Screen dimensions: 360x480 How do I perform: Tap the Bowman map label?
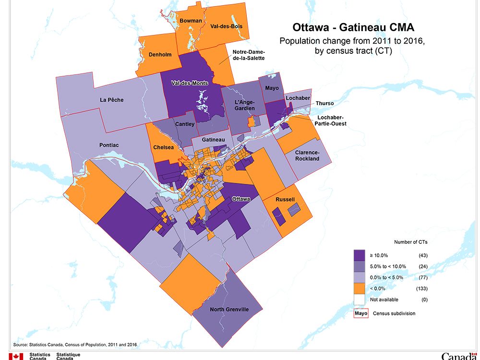pos(191,21)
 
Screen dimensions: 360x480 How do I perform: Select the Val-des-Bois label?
pos(226,26)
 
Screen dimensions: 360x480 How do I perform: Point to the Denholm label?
pos(160,54)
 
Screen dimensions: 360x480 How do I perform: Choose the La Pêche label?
pos(112,100)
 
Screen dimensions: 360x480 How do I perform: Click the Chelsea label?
pos(164,147)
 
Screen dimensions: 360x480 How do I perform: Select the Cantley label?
pos(185,124)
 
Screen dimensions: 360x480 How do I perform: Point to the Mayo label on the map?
pos(272,88)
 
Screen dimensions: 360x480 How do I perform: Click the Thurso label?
pos(324,103)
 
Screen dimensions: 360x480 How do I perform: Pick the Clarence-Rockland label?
pos(307,156)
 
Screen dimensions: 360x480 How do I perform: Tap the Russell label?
pos(285,200)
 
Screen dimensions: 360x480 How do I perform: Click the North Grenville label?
pos(229,310)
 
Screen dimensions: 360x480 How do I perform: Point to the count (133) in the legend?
pos(422,288)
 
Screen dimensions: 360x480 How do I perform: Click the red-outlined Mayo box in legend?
pos(360,313)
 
